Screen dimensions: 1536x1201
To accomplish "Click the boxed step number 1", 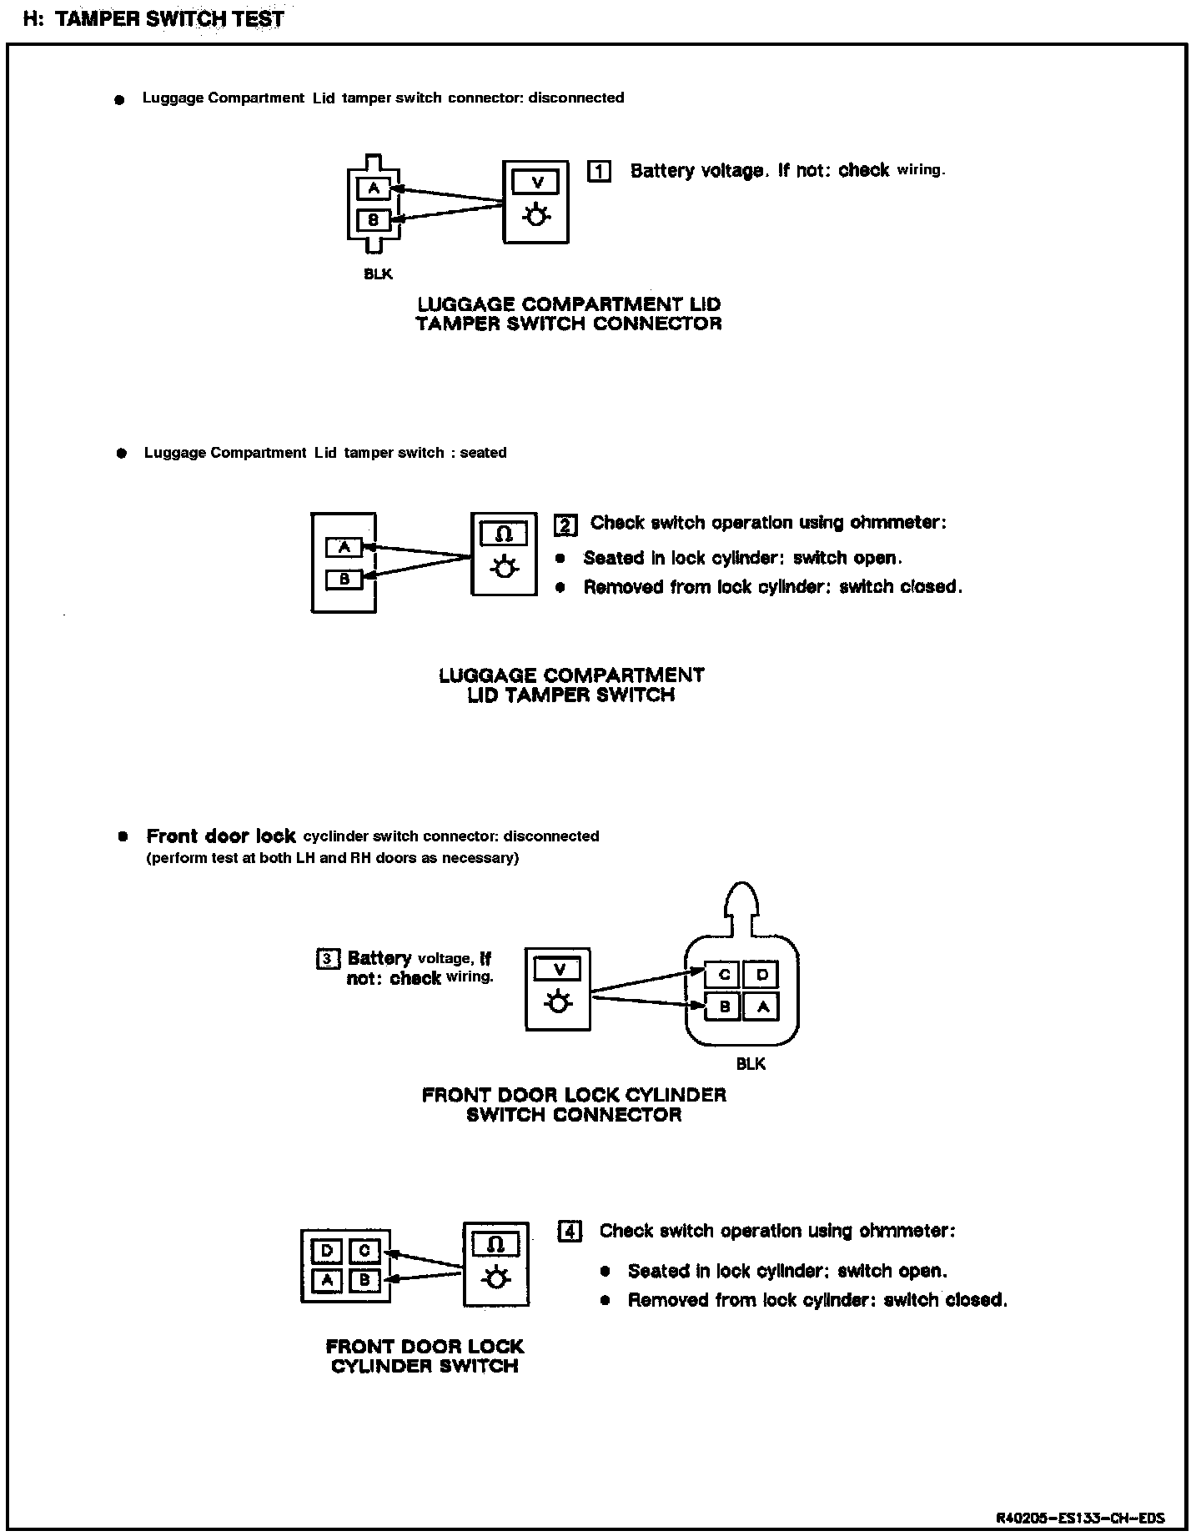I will pos(599,171).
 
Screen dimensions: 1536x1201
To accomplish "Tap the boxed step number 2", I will pos(565,525).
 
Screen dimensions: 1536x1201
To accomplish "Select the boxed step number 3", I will pos(326,959).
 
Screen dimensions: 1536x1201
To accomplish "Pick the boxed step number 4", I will pos(570,1231).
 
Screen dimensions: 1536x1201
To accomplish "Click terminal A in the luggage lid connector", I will pos(374,188).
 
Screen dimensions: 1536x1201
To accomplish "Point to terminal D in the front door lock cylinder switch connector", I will pos(761,974).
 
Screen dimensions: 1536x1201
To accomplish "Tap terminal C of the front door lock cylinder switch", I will pos(364,1251).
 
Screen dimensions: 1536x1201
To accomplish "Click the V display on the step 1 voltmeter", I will pos(537,182).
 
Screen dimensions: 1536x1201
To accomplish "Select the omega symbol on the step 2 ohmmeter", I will pos(504,534).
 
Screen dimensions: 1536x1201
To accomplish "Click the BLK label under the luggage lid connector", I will pos(378,274).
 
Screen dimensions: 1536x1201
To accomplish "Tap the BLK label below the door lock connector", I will pos(751,1064).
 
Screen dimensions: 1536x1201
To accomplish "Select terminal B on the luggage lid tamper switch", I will pos(344,579).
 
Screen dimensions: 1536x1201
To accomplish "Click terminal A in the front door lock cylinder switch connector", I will pos(761,1006).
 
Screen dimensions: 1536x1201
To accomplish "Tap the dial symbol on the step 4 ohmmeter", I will pos(496,1278).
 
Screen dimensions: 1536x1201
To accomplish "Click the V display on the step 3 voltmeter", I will pos(559,969).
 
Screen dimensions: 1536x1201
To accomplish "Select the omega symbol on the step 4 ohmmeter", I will pos(496,1245).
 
